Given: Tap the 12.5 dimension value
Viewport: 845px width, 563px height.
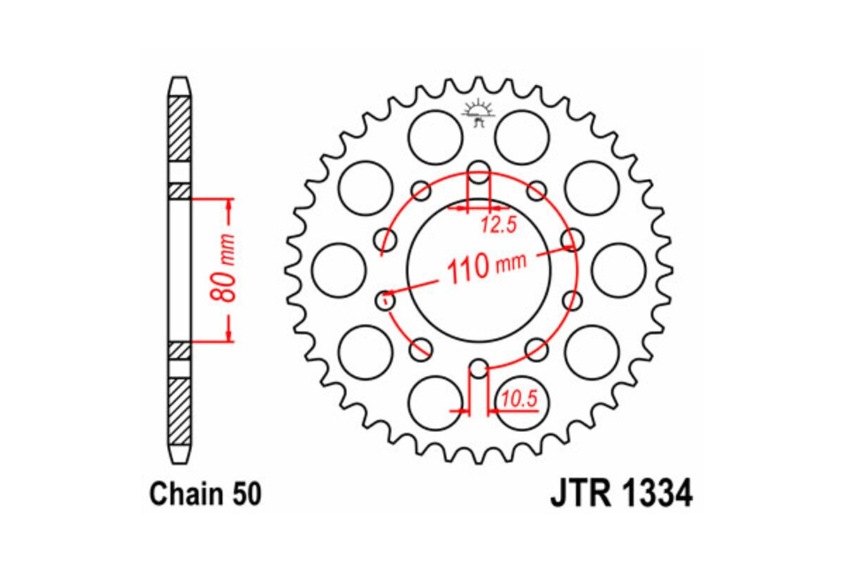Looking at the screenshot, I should tap(499, 225).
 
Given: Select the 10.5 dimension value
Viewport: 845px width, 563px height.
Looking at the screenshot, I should tap(519, 399).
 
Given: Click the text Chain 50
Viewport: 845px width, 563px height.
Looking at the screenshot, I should tap(205, 494).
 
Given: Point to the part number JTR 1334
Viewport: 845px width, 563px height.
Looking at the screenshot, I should tap(620, 493).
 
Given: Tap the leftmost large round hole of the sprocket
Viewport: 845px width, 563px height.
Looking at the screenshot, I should tap(338, 270).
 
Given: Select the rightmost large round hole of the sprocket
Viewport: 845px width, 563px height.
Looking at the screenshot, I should tap(618, 270).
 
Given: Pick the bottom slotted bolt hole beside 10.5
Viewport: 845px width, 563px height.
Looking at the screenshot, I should tap(478, 369).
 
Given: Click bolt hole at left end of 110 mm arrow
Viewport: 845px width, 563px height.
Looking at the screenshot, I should tap(386, 301).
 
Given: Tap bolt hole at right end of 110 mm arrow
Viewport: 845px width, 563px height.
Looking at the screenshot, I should tap(572, 240).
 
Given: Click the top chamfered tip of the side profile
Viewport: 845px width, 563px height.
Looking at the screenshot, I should tap(180, 84).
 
